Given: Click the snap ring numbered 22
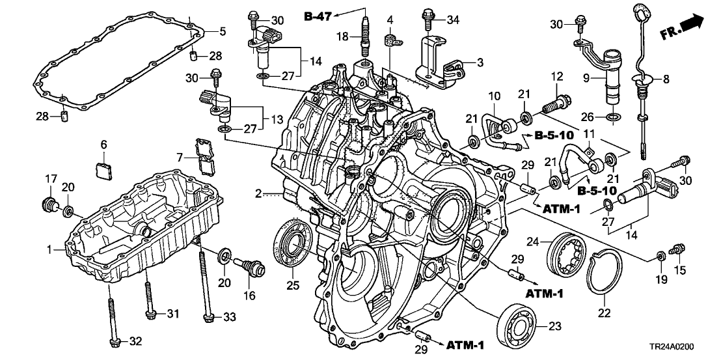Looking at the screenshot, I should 602,277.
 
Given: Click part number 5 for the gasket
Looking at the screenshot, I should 222,31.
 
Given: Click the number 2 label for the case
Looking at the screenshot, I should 258,193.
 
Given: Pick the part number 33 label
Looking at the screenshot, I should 229,317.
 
